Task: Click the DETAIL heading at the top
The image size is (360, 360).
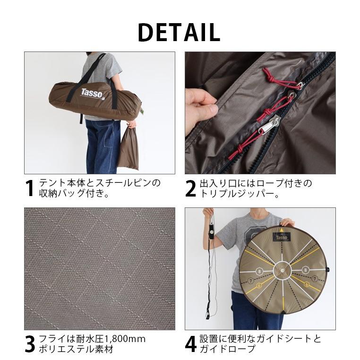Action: (x=179, y=32)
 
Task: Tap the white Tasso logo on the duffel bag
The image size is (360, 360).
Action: (x=92, y=93)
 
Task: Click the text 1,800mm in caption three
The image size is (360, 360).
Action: (x=126, y=339)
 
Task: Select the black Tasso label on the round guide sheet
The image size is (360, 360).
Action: (x=282, y=236)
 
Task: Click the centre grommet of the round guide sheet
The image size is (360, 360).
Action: (x=282, y=269)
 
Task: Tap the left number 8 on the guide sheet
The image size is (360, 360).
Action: (x=259, y=271)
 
